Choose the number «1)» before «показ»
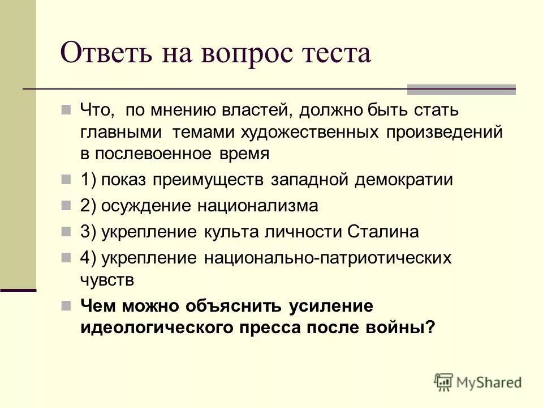coord(89,180)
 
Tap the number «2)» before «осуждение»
coord(89,206)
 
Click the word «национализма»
coord(258,206)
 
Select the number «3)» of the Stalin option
coord(89,232)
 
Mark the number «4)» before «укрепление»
coord(89,258)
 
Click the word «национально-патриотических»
coord(327,258)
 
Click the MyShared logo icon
coord(443,382)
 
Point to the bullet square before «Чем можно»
coord(66,305)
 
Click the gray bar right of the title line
coord(462,89)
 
